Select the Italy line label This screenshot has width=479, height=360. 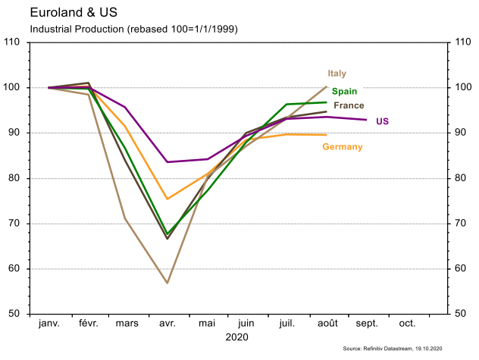tap(337, 74)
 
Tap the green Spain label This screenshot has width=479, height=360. tap(344, 91)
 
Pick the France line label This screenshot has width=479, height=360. tap(349, 105)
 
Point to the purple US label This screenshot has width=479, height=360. tap(383, 121)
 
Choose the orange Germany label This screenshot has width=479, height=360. tap(342, 146)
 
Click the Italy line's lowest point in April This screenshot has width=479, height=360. tap(167, 283)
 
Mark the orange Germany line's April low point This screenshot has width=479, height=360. tap(167, 199)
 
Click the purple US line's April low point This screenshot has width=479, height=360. tap(167, 162)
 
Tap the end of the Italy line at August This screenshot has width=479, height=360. tap(326, 86)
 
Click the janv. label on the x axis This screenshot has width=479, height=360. tap(49, 324)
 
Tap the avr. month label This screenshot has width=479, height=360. tap(167, 324)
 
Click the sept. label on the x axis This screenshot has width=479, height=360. tap(367, 324)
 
